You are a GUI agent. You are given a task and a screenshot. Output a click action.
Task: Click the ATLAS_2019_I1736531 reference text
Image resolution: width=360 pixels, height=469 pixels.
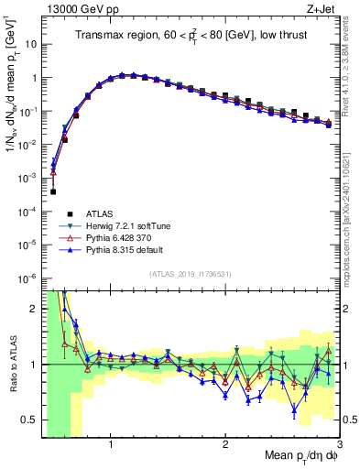coord(190,274)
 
